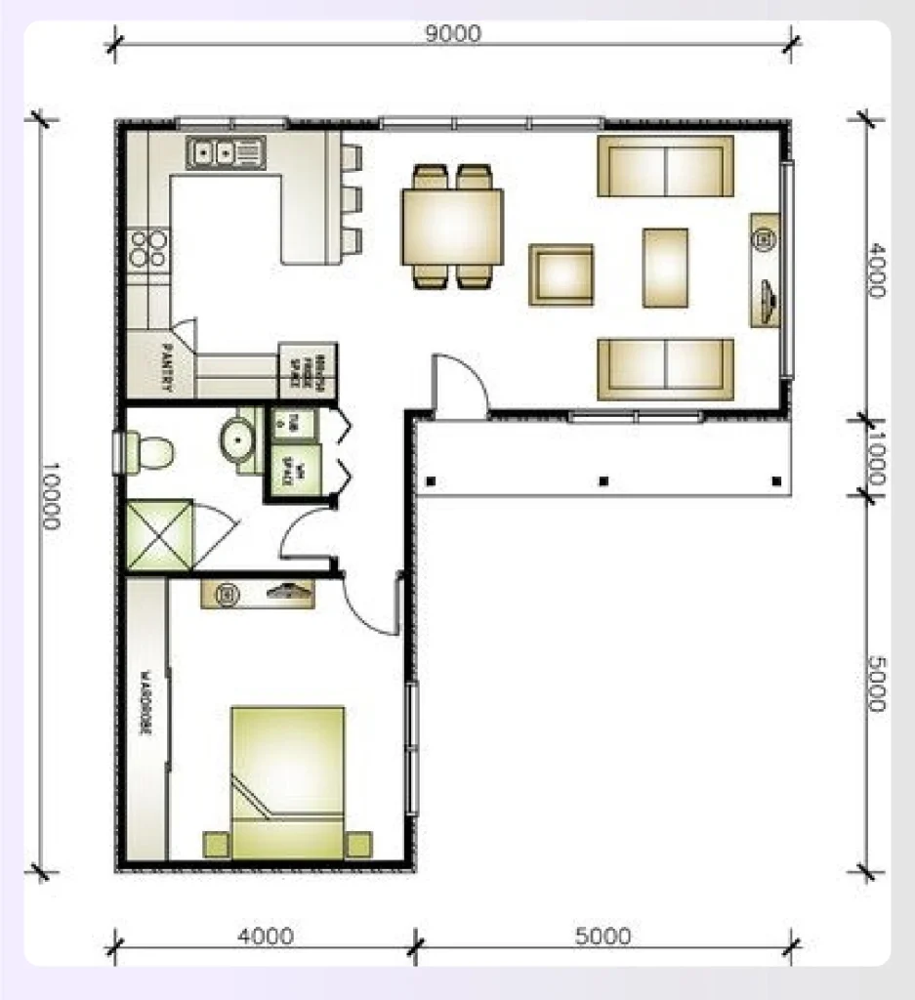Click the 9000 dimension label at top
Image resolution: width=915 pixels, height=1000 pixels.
[x=452, y=33]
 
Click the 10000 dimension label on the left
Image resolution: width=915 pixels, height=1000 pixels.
[x=52, y=495]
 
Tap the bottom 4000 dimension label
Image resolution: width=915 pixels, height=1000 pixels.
[x=265, y=937]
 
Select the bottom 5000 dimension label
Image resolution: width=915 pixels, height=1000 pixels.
[x=602, y=937]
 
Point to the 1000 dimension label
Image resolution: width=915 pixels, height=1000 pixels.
[x=875, y=454]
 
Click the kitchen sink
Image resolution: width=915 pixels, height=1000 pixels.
[x=227, y=152]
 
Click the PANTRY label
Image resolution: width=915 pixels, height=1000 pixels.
[x=167, y=366]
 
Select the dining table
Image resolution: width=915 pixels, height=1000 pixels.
[x=452, y=226]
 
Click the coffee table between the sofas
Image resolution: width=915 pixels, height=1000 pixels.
[x=664, y=267]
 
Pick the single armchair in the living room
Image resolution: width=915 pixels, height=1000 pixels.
[x=561, y=274]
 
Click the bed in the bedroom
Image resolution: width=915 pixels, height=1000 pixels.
[x=287, y=781]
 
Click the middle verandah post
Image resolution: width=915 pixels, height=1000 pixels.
[x=603, y=480]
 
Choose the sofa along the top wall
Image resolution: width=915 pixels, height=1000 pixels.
[x=664, y=166]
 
